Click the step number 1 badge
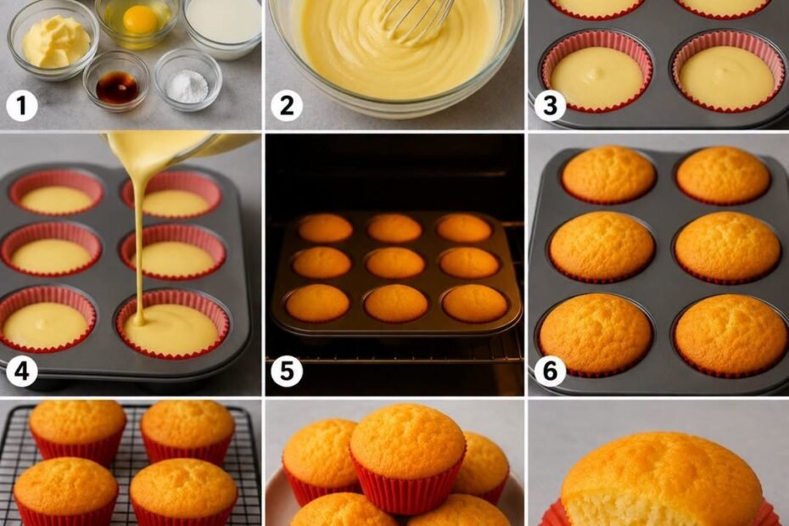21,106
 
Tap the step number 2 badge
286,106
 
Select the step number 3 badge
550,106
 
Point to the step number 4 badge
21,372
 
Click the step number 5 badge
286,372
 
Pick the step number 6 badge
550,372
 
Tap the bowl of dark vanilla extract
116,81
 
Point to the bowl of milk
222,26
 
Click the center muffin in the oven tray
395,262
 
